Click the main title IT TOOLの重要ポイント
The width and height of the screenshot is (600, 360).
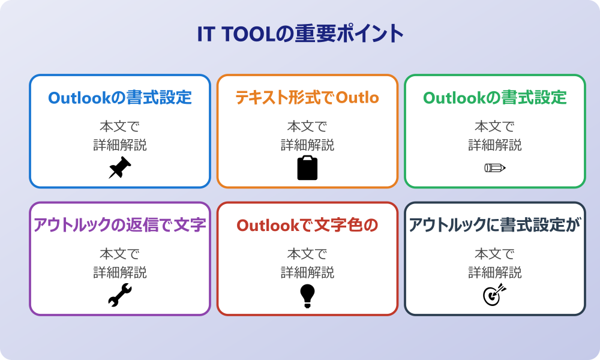pos(300,34)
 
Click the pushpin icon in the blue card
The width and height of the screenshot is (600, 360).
pos(120,168)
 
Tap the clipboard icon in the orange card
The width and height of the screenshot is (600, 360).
pos(307,168)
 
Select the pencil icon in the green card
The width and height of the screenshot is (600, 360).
pos(495,167)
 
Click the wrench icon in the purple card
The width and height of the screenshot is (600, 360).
pos(120,295)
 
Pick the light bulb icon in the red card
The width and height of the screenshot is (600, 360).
pos(307,295)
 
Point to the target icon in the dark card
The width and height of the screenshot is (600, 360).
pos(495,295)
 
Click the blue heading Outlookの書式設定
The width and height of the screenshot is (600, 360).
pos(120,98)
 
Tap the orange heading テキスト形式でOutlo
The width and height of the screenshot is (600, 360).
pos(307,98)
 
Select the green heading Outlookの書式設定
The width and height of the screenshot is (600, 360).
pos(495,98)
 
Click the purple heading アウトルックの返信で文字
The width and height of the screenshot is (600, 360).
pos(120,225)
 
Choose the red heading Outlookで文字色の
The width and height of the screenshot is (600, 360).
pos(307,225)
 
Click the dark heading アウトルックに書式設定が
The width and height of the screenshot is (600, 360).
pos(495,225)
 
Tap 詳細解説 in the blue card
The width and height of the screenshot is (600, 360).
pos(120,145)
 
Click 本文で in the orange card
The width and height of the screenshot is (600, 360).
pos(307,127)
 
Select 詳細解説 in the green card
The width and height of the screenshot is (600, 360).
pos(495,145)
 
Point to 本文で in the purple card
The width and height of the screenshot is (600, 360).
pos(120,254)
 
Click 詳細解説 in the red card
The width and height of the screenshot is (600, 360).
pos(307,272)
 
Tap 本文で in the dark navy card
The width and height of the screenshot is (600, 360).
pos(495,254)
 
